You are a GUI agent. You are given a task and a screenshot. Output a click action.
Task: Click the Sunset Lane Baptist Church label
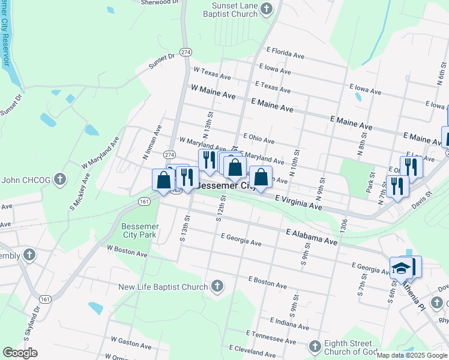230,8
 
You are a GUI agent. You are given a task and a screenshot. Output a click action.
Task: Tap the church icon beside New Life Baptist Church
217,287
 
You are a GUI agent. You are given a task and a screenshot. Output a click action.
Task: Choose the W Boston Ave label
127,250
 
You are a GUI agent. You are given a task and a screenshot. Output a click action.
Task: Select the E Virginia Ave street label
298,202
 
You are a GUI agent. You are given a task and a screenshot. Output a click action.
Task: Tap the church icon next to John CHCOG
59,179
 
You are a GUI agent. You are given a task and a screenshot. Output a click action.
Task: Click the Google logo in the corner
20,353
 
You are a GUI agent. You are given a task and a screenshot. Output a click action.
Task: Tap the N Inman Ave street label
152,142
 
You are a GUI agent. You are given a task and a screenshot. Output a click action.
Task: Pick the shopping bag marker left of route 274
163,180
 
